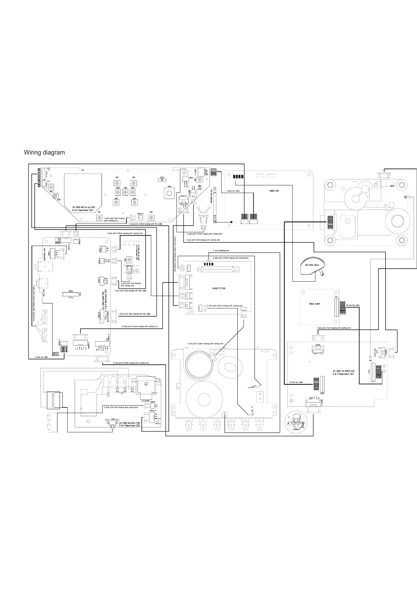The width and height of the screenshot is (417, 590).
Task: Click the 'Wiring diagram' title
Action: (x=44, y=153)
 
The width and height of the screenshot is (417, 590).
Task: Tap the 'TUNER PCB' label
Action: (x=274, y=191)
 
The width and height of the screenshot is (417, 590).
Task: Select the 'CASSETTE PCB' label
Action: (x=219, y=288)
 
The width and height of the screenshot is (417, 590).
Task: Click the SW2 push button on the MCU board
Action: (x=116, y=183)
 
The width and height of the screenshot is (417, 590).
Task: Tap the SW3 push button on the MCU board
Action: (x=133, y=183)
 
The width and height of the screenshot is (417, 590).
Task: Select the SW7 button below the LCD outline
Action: (x=99, y=218)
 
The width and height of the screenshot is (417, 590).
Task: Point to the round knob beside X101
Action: (x=169, y=193)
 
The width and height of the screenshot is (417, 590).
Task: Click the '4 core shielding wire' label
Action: (x=221, y=251)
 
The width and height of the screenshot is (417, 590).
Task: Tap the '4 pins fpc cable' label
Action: (x=41, y=357)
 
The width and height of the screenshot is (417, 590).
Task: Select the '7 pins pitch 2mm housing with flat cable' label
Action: (x=134, y=314)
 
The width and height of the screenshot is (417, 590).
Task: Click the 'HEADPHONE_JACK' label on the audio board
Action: (x=44, y=252)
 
